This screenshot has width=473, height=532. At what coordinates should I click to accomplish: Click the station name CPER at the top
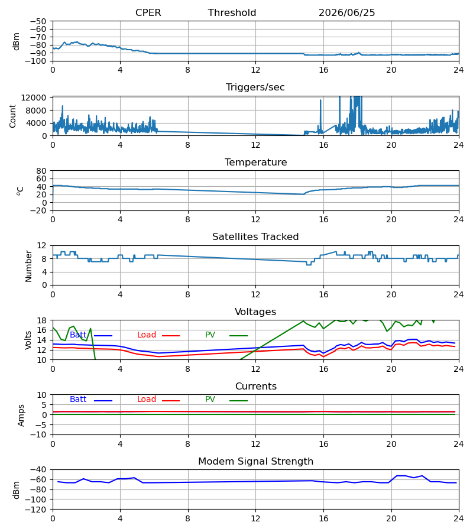(x=148, y=13)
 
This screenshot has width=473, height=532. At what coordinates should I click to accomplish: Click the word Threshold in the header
(x=232, y=13)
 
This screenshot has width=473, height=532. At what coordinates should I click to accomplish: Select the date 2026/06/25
(x=347, y=13)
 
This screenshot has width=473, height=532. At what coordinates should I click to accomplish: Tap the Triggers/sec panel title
(x=255, y=87)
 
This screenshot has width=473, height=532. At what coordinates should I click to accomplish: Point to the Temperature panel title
(x=255, y=162)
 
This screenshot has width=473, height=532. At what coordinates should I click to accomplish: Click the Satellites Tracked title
(x=255, y=237)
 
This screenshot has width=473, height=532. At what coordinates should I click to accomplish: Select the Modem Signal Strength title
(x=255, y=462)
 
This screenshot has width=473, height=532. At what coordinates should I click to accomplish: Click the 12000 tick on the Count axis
(x=34, y=98)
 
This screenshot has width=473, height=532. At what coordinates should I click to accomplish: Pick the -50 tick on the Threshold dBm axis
(x=38, y=21)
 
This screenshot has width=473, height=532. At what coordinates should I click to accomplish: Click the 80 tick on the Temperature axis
(x=41, y=171)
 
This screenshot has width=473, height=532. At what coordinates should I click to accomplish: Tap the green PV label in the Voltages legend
(x=210, y=335)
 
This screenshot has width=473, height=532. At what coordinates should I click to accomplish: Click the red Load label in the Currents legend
(x=147, y=400)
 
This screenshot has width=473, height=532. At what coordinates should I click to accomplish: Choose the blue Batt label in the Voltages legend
(x=78, y=335)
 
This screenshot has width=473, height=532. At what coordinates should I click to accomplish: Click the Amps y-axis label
(x=21, y=416)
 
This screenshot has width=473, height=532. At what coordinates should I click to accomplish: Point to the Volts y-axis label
(x=28, y=340)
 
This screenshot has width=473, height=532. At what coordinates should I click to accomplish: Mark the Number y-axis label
(x=28, y=267)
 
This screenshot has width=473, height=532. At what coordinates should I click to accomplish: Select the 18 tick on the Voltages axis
(x=41, y=320)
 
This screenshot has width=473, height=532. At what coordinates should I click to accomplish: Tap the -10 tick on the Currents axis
(x=38, y=435)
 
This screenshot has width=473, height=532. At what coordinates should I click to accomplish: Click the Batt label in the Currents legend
(x=78, y=400)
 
